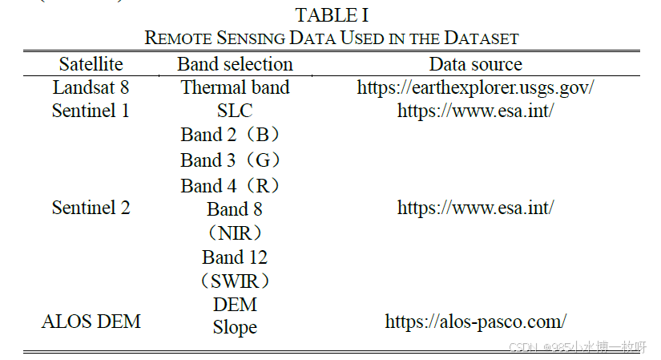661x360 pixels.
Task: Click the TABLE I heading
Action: pyautogui.click(x=331, y=15)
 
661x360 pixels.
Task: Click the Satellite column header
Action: pyautogui.click(x=91, y=64)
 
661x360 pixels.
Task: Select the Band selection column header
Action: pyautogui.click(x=235, y=64)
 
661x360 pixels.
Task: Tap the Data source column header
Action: pyautogui.click(x=475, y=64)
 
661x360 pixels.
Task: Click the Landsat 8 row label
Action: pyautogui.click(x=91, y=87)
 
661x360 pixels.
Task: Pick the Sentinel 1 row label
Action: pyautogui.click(x=91, y=111)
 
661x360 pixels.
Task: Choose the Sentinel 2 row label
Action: pyautogui.click(x=91, y=208)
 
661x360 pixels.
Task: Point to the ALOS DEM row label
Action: pyautogui.click(x=91, y=322)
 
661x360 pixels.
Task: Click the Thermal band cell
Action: pyautogui.click(x=235, y=87)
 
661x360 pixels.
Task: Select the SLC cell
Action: pyautogui.click(x=235, y=111)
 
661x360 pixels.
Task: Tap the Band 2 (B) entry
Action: pyautogui.click(x=231, y=135)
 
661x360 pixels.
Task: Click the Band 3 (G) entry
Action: pyautogui.click(x=231, y=160)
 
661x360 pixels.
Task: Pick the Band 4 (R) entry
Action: pyautogui.click(x=231, y=185)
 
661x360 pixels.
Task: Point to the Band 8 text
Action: pyautogui.click(x=235, y=209)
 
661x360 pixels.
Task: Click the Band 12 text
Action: pyautogui.click(x=235, y=257)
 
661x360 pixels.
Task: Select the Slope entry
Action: pyautogui.click(x=235, y=327)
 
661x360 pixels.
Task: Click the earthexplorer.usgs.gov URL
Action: pyautogui.click(x=475, y=87)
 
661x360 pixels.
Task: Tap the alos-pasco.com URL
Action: pyautogui.click(x=475, y=322)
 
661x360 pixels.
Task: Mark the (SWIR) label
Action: pyautogui.click(x=235, y=281)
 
